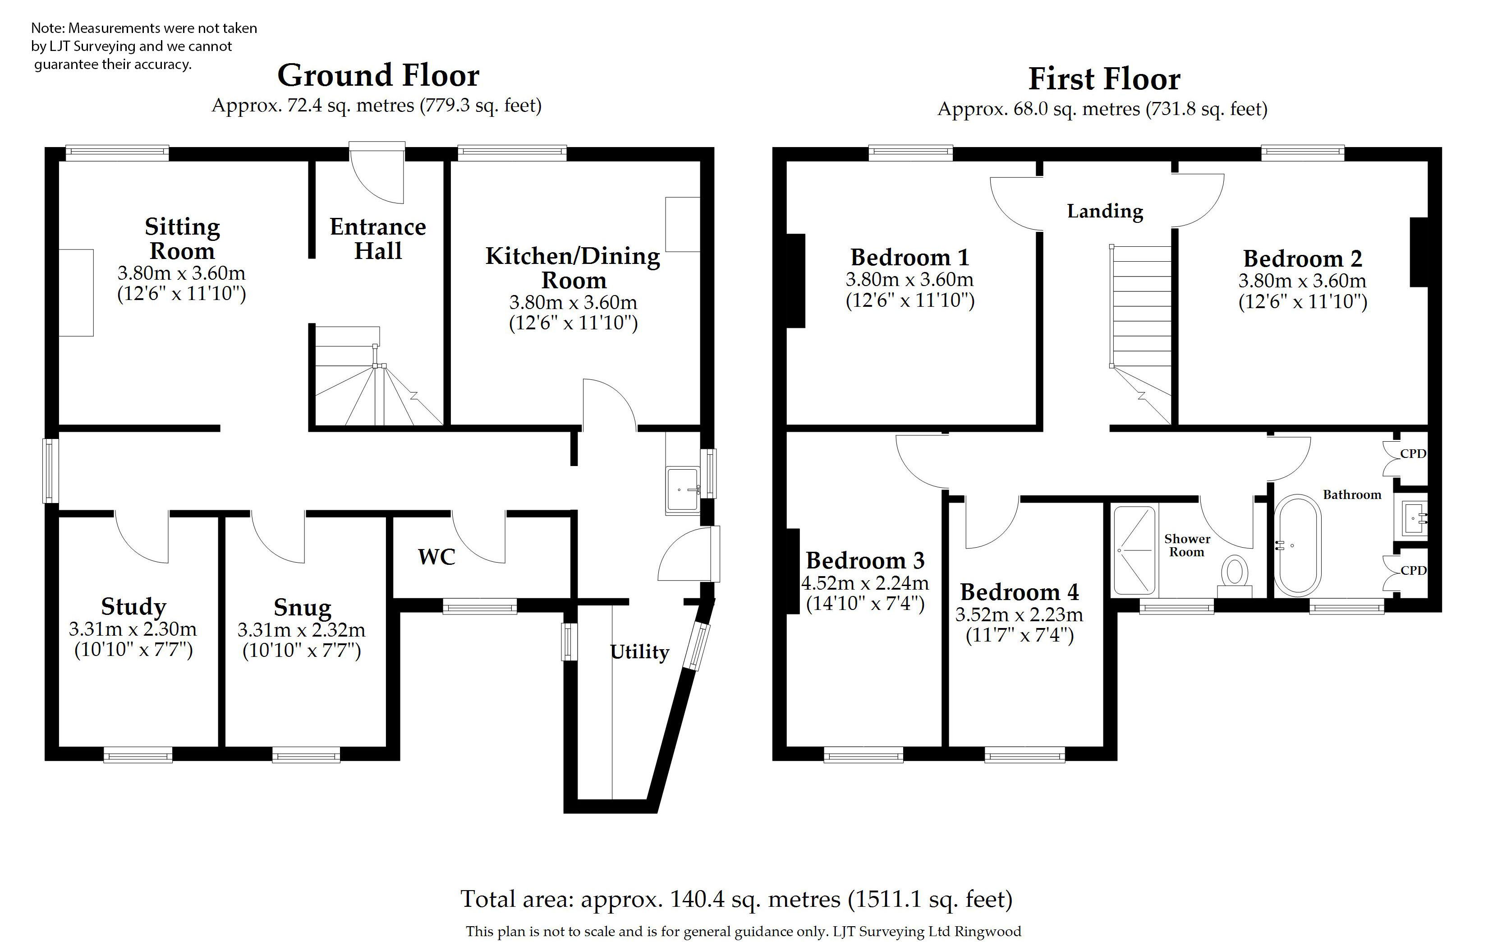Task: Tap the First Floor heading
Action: tap(1104, 79)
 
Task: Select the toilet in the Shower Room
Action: tap(1235, 577)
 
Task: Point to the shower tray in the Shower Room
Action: tap(1134, 551)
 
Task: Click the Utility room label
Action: tap(639, 651)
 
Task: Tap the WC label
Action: tap(437, 557)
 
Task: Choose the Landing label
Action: tap(1105, 212)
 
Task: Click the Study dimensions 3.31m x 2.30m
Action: tap(133, 629)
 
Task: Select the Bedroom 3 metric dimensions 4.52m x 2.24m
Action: tap(865, 583)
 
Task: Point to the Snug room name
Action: tap(302, 608)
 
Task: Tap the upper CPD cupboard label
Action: tap(1413, 454)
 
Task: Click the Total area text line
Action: tap(737, 899)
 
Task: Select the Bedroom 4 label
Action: tap(1020, 592)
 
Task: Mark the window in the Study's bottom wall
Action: tap(138, 755)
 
